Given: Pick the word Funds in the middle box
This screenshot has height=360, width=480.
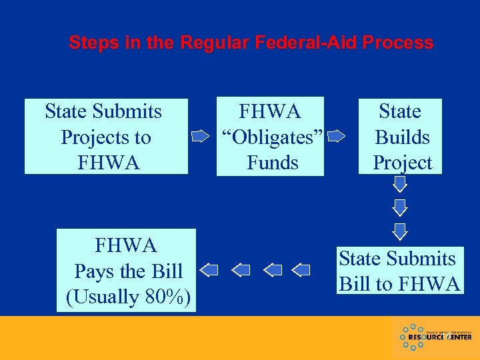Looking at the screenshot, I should pyautogui.click(x=272, y=162).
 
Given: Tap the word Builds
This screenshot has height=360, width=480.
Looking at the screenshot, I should pyautogui.click(x=402, y=137).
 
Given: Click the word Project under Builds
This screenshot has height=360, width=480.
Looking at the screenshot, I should pyautogui.click(x=402, y=162).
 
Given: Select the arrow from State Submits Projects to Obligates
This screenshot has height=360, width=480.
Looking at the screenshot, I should pyautogui.click(x=201, y=137).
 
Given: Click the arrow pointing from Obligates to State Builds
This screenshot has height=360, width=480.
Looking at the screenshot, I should pyautogui.click(x=337, y=137).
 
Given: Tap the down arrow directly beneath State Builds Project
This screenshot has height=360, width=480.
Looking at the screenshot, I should pyautogui.click(x=399, y=184).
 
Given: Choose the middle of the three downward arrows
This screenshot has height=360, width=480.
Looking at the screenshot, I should pyautogui.click(x=399, y=207).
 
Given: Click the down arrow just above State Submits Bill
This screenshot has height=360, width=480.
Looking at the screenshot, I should pyautogui.click(x=399, y=231).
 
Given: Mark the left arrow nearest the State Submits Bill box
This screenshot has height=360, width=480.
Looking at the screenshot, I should pyautogui.click(x=302, y=270).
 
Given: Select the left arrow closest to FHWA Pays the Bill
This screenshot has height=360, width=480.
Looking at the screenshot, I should pyautogui.click(x=209, y=270).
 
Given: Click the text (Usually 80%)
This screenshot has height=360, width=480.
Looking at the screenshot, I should pyautogui.click(x=129, y=297).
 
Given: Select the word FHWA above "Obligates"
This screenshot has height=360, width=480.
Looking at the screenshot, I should pyautogui.click(x=270, y=111).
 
